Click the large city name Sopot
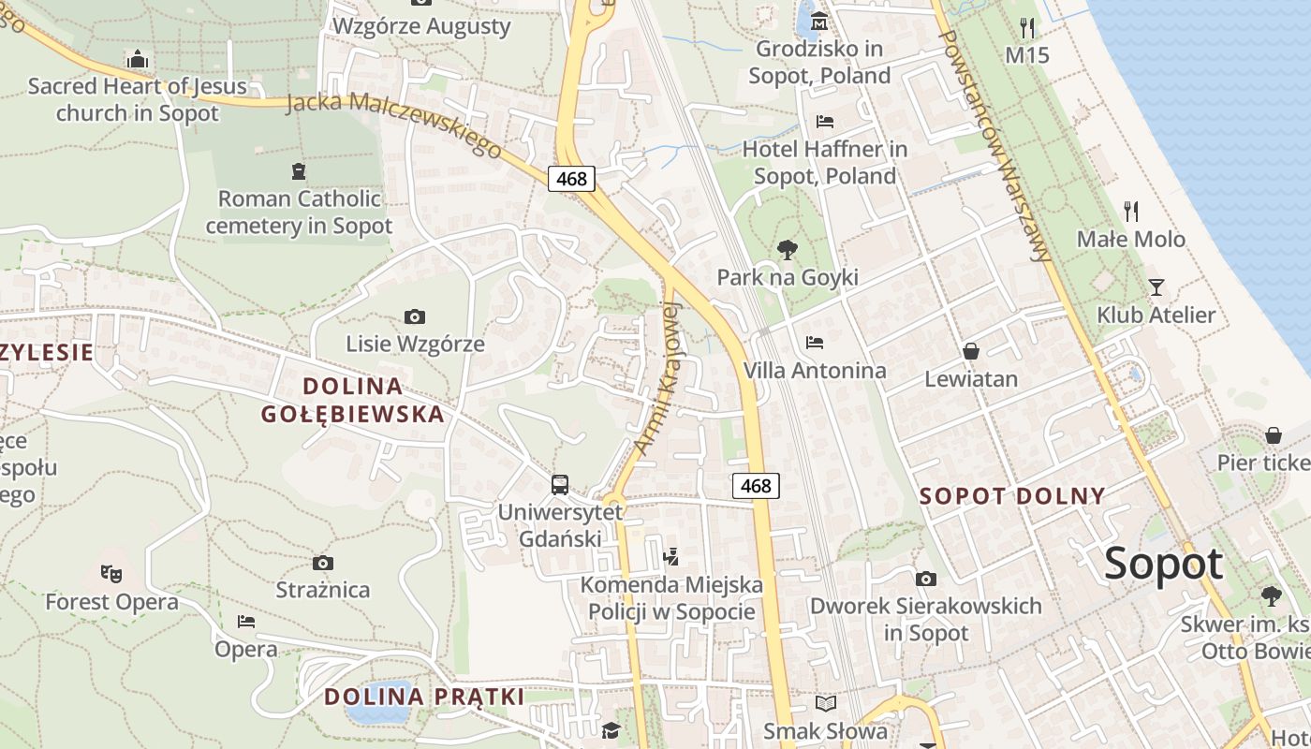pyautogui.click(x=1163, y=564)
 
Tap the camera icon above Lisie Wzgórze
pyautogui.click(x=414, y=317)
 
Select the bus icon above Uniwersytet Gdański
pyautogui.click(x=559, y=485)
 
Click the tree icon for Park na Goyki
pyautogui.click(x=788, y=250)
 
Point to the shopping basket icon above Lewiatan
pyautogui.click(x=971, y=351)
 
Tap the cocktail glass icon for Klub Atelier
pyautogui.click(x=1156, y=286)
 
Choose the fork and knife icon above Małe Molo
pyautogui.click(x=1131, y=211)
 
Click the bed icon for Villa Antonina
pyautogui.click(x=815, y=343)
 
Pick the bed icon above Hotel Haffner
pyautogui.click(x=825, y=121)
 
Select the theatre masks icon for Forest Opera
pyautogui.click(x=111, y=572)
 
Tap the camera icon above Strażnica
pyautogui.click(x=323, y=563)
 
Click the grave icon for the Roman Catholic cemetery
pyautogui.click(x=299, y=171)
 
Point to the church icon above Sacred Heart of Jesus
pyautogui.click(x=138, y=59)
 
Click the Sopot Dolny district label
pyautogui.click(x=1012, y=496)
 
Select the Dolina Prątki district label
pyautogui.click(x=423, y=697)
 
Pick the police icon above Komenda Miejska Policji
pyautogui.click(x=670, y=557)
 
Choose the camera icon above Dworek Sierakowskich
pyautogui.click(x=925, y=579)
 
